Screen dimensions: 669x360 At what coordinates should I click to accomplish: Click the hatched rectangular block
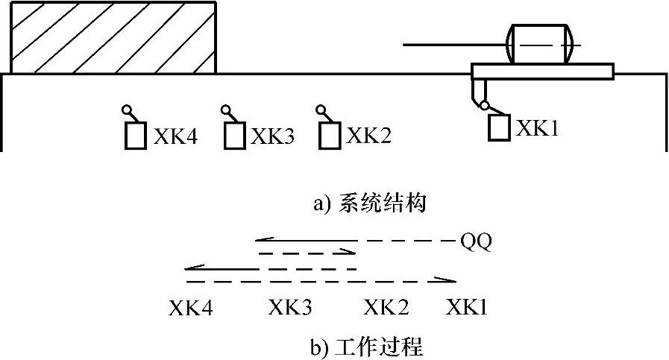pyautogui.click(x=113, y=37)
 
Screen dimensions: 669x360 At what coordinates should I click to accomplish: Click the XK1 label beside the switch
pyautogui.click(x=538, y=128)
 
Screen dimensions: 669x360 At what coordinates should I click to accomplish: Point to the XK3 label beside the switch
pyautogui.click(x=272, y=136)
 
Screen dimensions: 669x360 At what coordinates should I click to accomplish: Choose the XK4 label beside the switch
pyautogui.click(x=176, y=136)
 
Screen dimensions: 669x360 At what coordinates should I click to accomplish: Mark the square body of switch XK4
pyautogui.click(x=135, y=136)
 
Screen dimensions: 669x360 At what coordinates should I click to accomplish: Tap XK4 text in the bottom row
pyautogui.click(x=191, y=307)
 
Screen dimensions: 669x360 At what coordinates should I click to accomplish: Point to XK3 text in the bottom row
pyautogui.click(x=290, y=307)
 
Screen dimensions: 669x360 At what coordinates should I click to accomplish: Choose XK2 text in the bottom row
pyautogui.click(x=386, y=307)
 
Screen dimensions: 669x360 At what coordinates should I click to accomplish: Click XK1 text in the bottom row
pyautogui.click(x=467, y=307)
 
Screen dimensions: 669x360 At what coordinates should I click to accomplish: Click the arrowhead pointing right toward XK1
pyautogui.click(x=449, y=281)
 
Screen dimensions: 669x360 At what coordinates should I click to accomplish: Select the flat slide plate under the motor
pyautogui.click(x=542, y=72)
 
